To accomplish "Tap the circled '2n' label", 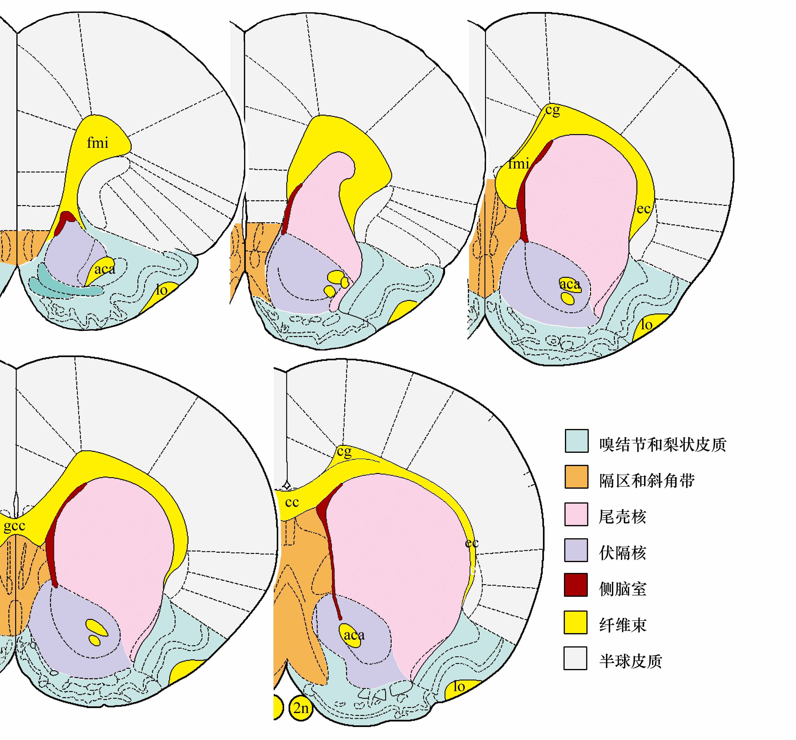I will coord(301,708).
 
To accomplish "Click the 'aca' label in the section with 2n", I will coord(354,635).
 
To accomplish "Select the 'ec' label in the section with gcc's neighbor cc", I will coord(472,543).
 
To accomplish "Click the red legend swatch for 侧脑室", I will coord(576,585).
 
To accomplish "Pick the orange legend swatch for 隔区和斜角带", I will coord(576,476).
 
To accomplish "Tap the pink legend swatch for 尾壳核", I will coord(576,514).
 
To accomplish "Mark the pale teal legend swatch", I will coord(576,441).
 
